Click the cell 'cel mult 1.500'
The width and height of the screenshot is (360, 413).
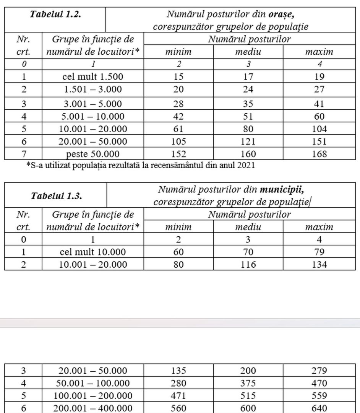click(x=92, y=76)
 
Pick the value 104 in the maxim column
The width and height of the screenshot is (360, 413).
click(x=319, y=129)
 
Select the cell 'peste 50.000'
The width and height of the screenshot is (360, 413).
click(x=92, y=154)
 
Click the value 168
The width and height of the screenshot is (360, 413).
click(x=319, y=154)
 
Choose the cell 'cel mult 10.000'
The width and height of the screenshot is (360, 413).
click(x=92, y=252)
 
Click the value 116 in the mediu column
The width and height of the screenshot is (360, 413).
click(x=248, y=264)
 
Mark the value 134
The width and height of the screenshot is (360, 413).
click(x=319, y=264)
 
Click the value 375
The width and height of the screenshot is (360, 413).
click(x=248, y=383)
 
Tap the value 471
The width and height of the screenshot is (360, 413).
click(x=178, y=396)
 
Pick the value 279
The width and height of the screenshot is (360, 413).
click(x=319, y=370)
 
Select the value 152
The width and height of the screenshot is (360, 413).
click(x=178, y=154)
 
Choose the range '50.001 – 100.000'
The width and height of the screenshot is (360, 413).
click(x=92, y=383)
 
